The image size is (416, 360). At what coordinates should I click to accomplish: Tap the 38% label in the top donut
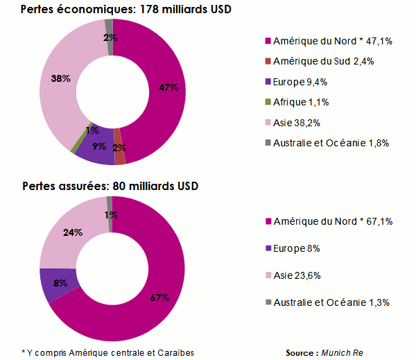click(x=60, y=78)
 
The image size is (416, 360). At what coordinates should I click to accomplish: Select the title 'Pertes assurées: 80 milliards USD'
click(x=110, y=187)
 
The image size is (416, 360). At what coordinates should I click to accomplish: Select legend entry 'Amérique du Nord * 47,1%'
click(x=333, y=41)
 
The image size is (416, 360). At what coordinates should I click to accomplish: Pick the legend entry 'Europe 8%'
click(x=297, y=248)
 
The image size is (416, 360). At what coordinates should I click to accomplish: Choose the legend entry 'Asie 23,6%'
click(x=303, y=275)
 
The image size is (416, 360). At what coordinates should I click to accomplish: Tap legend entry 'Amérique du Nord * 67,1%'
click(x=333, y=221)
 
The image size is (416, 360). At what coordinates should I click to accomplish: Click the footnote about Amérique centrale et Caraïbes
click(x=107, y=352)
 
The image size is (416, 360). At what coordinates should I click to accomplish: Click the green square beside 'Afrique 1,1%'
click(x=268, y=102)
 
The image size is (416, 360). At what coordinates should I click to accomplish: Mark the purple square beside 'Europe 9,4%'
click(x=268, y=82)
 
